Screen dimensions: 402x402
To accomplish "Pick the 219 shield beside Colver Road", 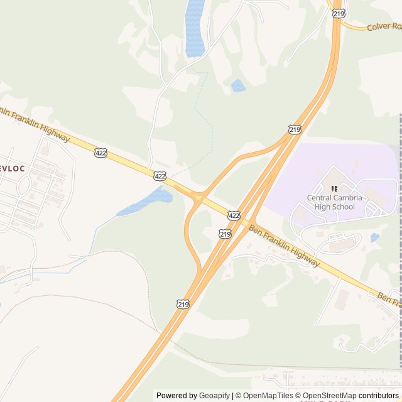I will coord(339,13).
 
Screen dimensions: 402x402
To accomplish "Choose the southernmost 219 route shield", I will coord(182,303).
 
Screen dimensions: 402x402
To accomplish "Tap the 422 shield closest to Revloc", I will coord(100,153).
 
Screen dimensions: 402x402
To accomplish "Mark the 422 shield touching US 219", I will coord(234,215).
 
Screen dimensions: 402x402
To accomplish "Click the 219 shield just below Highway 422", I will coord(224,234).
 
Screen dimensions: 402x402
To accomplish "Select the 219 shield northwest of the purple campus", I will coord(295,129).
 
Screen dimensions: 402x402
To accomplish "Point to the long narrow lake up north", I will coord(195,28).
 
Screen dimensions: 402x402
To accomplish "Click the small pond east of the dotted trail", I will coord(238,86).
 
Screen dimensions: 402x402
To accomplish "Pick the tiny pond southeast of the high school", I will coord(375,237).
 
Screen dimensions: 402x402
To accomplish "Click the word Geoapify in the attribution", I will coord(215,396).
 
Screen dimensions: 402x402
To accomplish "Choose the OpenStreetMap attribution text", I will coord(329,396).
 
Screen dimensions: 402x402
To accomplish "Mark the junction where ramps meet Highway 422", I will coord(198,198).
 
